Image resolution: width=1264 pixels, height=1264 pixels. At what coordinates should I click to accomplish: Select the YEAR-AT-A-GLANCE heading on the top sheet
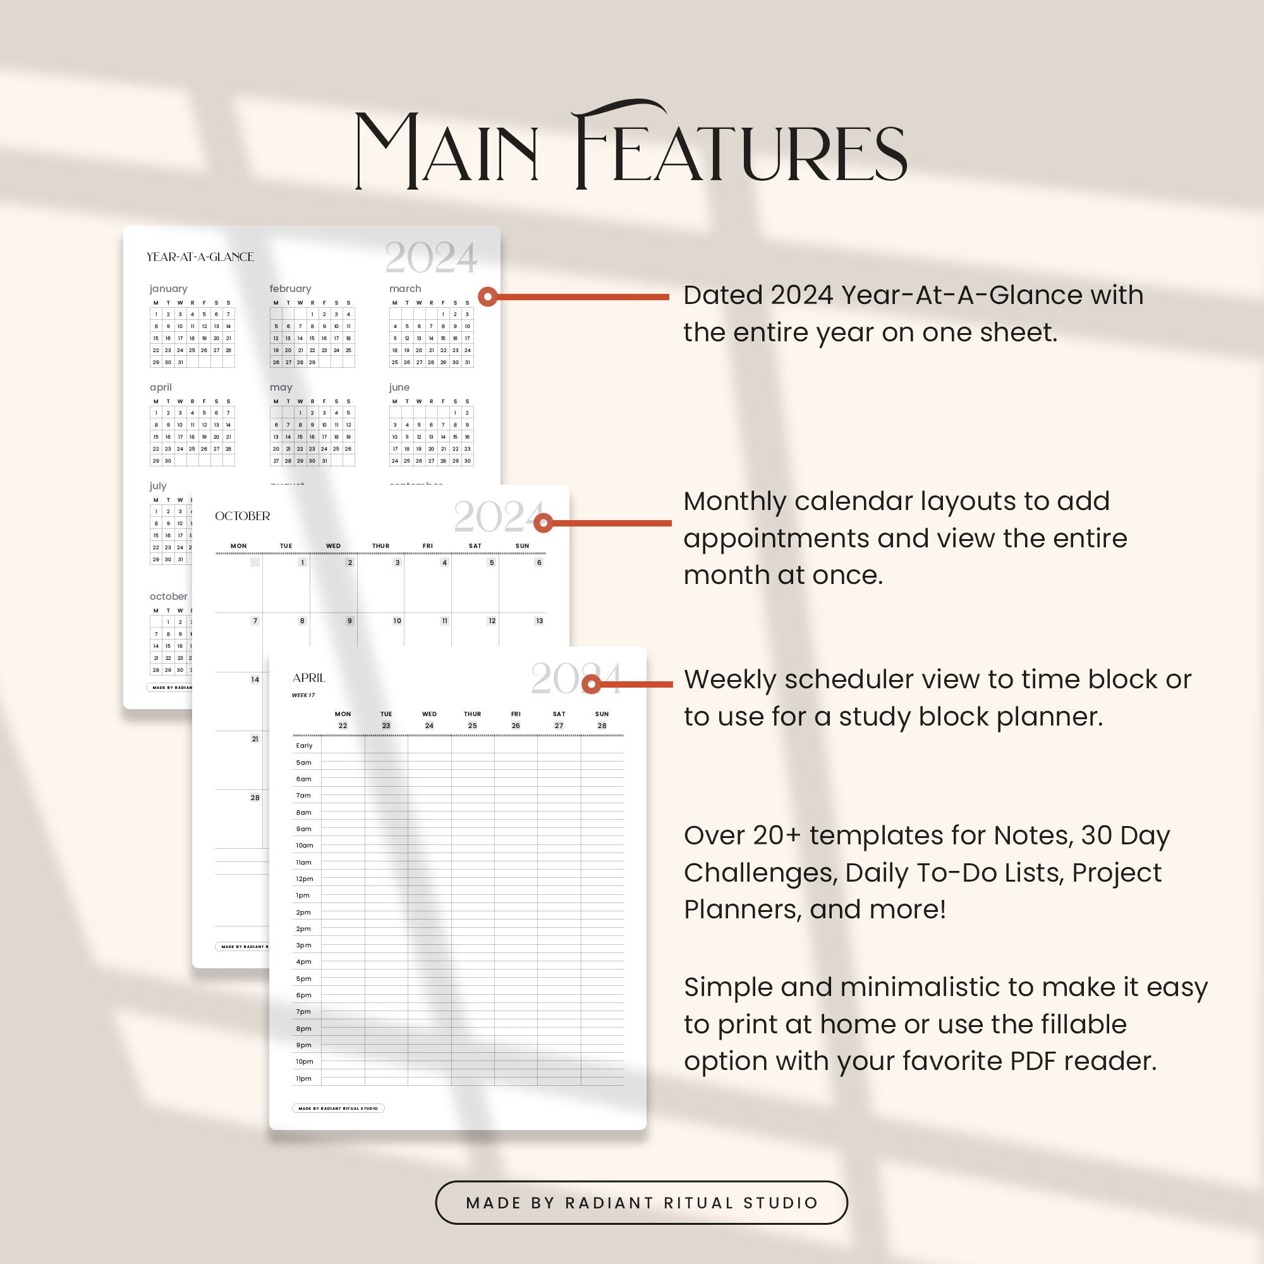[200, 257]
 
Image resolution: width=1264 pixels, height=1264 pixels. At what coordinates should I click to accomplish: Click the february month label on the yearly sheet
[291, 289]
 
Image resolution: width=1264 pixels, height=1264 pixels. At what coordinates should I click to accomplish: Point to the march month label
[405, 289]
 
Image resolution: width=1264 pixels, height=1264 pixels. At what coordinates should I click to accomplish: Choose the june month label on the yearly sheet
[399, 387]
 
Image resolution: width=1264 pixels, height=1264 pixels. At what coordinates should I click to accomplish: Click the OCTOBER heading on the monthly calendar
[243, 516]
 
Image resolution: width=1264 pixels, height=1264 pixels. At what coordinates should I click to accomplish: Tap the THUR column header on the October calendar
[380, 545]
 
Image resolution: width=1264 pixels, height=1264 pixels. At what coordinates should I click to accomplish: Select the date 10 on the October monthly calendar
[397, 621]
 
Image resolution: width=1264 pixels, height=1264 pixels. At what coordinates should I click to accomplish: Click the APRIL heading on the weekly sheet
[309, 678]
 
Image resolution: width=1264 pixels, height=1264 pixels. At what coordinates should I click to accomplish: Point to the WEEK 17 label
[303, 695]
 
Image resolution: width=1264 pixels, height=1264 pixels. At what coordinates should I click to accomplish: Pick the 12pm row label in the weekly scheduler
[304, 878]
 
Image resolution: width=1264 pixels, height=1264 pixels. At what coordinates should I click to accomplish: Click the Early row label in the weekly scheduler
[304, 745]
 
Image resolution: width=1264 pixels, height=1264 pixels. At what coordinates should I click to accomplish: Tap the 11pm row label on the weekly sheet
[303, 1078]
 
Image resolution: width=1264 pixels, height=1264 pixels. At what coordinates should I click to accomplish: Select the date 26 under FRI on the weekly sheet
[516, 726]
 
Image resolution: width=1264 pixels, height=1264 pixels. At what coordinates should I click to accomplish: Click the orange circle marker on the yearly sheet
[487, 297]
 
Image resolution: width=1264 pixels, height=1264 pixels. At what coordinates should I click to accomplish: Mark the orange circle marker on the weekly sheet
[592, 684]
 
